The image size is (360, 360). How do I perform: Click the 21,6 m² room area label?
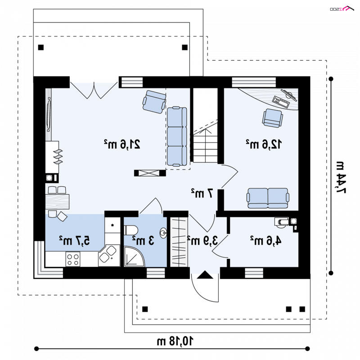click(x=122, y=144)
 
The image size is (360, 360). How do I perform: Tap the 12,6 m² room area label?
click(x=264, y=144)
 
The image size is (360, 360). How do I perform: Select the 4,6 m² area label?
click(x=265, y=241)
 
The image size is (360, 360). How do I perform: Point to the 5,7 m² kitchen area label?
click(x=74, y=241)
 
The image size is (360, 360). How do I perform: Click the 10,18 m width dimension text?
click(x=175, y=341)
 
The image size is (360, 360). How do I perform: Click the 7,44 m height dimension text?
click(x=341, y=177)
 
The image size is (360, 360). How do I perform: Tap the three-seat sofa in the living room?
click(x=177, y=136)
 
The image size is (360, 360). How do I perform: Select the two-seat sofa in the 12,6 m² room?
click(x=268, y=198)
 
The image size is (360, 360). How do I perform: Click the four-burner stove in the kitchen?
click(x=73, y=259)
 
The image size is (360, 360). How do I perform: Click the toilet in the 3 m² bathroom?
click(x=130, y=230)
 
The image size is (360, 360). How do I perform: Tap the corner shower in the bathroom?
click(x=134, y=256)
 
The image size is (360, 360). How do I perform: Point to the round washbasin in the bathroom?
click(x=163, y=233)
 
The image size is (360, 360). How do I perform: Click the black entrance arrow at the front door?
click(x=205, y=274)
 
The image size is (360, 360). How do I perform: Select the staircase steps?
click(x=205, y=145)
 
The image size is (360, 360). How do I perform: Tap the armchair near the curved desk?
click(x=273, y=118)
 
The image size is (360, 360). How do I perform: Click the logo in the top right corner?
click(x=342, y=9)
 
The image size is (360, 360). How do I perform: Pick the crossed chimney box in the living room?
click(x=150, y=173)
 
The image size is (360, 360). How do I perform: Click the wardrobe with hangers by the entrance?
click(x=179, y=242)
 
